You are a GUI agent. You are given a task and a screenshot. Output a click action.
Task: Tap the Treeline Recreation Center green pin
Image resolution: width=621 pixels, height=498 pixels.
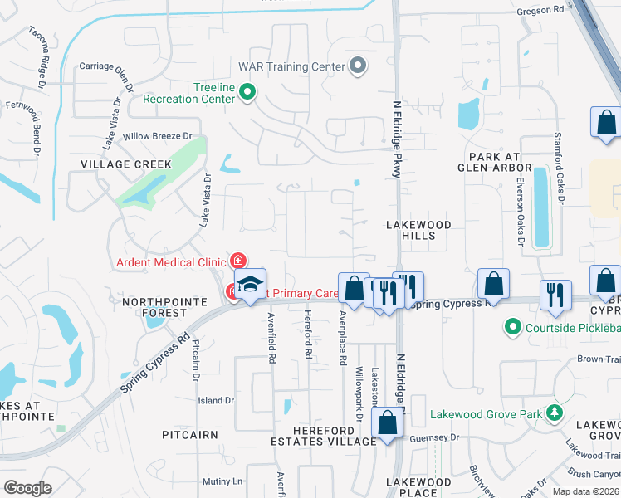pos(247,92)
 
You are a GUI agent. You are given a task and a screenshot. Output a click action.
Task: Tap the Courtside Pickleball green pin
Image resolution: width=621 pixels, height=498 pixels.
pos(513,327)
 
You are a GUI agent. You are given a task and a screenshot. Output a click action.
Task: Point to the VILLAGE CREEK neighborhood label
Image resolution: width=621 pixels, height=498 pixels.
pos(126,164)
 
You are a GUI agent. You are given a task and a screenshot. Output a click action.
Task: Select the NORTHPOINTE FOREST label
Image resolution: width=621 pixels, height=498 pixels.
pos(156,307)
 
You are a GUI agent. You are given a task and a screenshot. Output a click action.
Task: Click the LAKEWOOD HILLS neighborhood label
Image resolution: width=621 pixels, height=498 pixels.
pos(419,230)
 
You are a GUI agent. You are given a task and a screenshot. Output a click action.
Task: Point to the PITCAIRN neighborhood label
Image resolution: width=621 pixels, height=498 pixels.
pos(190,434)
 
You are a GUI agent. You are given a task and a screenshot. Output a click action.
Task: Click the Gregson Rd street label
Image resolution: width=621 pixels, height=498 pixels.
pos(564,10)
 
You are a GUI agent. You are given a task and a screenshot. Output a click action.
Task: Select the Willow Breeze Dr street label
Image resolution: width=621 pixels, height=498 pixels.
pos(157,136)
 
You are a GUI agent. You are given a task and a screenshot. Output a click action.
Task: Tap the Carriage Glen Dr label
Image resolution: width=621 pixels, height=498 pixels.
pos(105,66)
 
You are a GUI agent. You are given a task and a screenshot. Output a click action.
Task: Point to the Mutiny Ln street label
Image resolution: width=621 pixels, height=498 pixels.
pos(224,481)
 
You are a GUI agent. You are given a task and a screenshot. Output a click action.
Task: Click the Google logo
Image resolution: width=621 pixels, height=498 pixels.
pos(27,487)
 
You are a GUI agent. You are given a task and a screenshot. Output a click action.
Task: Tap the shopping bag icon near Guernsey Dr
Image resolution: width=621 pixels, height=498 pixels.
pos(388,423)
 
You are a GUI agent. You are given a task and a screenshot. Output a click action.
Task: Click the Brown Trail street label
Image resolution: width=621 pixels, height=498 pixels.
pos(600,359)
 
